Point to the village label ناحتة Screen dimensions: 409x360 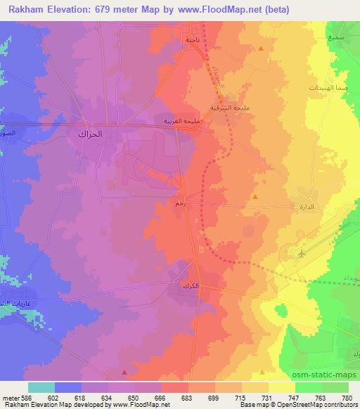[x=193, y=40]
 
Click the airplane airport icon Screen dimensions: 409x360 [x=302, y=253]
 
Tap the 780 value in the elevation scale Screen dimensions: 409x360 [x=347, y=397]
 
